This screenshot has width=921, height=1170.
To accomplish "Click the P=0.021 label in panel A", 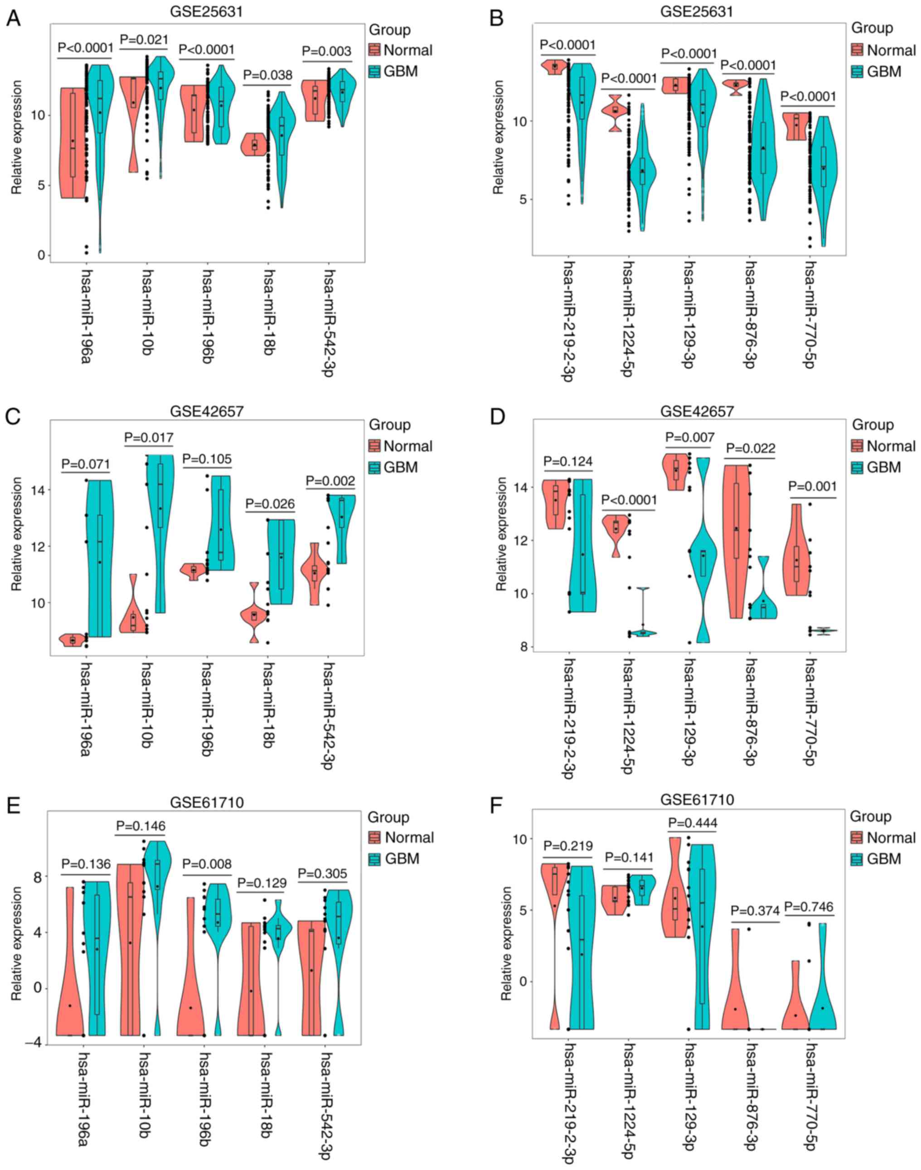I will click(144, 40).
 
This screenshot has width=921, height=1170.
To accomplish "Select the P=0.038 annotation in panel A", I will click(268, 75).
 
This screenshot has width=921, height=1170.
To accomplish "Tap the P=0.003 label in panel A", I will click(327, 52).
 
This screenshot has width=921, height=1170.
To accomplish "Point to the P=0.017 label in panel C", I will click(149, 437).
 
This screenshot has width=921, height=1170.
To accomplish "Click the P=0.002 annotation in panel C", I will click(330, 481).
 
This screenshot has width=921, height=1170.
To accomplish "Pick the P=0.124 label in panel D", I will click(568, 461).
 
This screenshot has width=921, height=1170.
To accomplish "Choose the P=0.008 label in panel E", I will click(207, 864).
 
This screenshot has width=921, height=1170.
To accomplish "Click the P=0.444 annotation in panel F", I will click(693, 823).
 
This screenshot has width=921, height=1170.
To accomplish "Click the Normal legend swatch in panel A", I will click(375, 51).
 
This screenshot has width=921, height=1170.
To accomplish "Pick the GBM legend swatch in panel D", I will click(858, 467).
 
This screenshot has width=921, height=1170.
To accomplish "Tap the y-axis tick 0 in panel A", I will click(42, 255).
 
